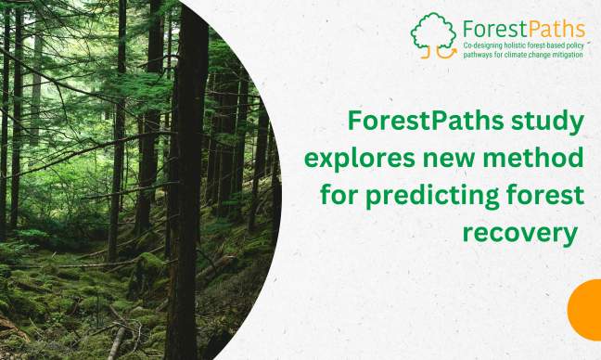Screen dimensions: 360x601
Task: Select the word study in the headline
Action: (553, 121)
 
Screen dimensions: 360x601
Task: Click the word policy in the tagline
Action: (578, 45)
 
